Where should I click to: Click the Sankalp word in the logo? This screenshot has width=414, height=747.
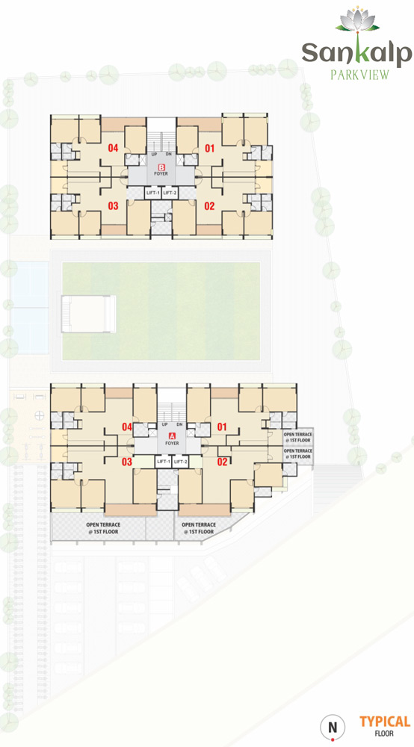[x=356, y=53]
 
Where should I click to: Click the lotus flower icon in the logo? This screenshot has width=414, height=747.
[x=357, y=20]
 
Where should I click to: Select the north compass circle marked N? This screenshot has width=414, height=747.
[x=332, y=728]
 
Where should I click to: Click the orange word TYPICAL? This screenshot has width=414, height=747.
[x=385, y=722]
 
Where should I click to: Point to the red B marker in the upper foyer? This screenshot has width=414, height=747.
[x=161, y=167]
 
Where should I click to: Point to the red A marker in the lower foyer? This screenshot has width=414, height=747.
[x=173, y=436]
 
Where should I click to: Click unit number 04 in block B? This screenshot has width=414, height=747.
[x=113, y=148]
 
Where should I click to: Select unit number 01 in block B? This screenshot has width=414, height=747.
[x=210, y=148]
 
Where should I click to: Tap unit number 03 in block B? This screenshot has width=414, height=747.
[x=113, y=206]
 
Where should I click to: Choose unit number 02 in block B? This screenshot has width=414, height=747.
[x=210, y=206]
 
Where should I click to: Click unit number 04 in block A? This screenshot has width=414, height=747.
[x=127, y=427]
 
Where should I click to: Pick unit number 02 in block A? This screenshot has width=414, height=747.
[x=222, y=461]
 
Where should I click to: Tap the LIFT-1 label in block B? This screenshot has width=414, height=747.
[x=153, y=193]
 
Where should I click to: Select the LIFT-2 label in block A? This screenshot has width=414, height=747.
[x=179, y=462]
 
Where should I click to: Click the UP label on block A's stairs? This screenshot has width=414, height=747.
[x=164, y=424]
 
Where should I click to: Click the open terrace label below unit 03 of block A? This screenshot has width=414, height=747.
[x=103, y=528]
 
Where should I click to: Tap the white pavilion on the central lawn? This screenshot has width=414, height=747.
[x=89, y=314]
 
